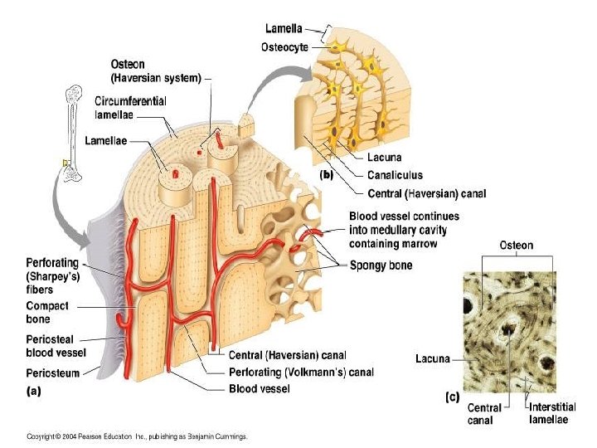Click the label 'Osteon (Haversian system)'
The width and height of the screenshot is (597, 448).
155,72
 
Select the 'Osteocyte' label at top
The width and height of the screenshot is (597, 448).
284,47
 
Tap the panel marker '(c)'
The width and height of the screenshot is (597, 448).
452,397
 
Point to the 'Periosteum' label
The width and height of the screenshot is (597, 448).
52,373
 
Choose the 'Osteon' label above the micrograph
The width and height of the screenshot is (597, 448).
516,246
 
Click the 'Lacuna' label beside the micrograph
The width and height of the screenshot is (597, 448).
432,359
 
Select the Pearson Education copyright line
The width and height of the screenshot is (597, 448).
137,436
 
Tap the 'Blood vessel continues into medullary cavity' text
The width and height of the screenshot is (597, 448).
404,230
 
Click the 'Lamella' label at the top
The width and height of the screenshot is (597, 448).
284,28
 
